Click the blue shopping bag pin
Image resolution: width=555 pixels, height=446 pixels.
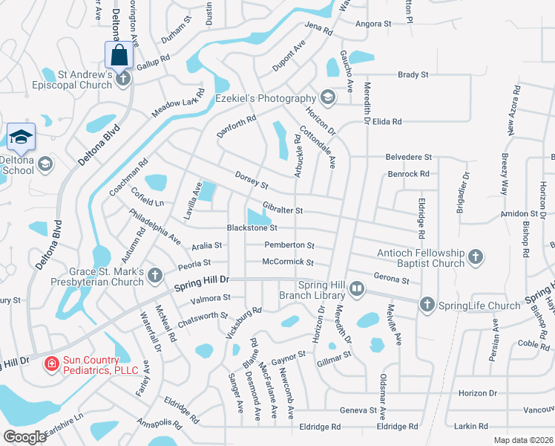pyautogui.click(x=119, y=54)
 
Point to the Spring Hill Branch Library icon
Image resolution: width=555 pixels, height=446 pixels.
pyautogui.click(x=357, y=289)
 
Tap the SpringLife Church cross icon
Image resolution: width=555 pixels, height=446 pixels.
pyautogui.click(x=427, y=304)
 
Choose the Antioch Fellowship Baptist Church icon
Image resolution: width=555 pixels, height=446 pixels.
pyautogui.click(x=476, y=258)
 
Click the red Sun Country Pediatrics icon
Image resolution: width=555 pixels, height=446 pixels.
pyautogui.click(x=51, y=364)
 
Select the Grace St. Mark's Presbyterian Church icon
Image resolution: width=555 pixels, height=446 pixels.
pyautogui.click(x=155, y=276)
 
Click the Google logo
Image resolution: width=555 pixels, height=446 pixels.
pyautogui.click(x=24, y=437)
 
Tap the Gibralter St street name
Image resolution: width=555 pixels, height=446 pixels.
pyautogui.click(x=283, y=210)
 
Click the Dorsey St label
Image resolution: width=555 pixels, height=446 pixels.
pyautogui.click(x=251, y=179)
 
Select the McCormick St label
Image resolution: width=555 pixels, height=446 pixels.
pyautogui.click(x=288, y=262)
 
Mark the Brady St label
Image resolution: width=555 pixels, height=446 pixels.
pyautogui.click(x=413, y=75)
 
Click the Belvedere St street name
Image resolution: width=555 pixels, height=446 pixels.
pyautogui.click(x=408, y=158)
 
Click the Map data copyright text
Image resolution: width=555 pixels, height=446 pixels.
pyautogui.click(x=522, y=440)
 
